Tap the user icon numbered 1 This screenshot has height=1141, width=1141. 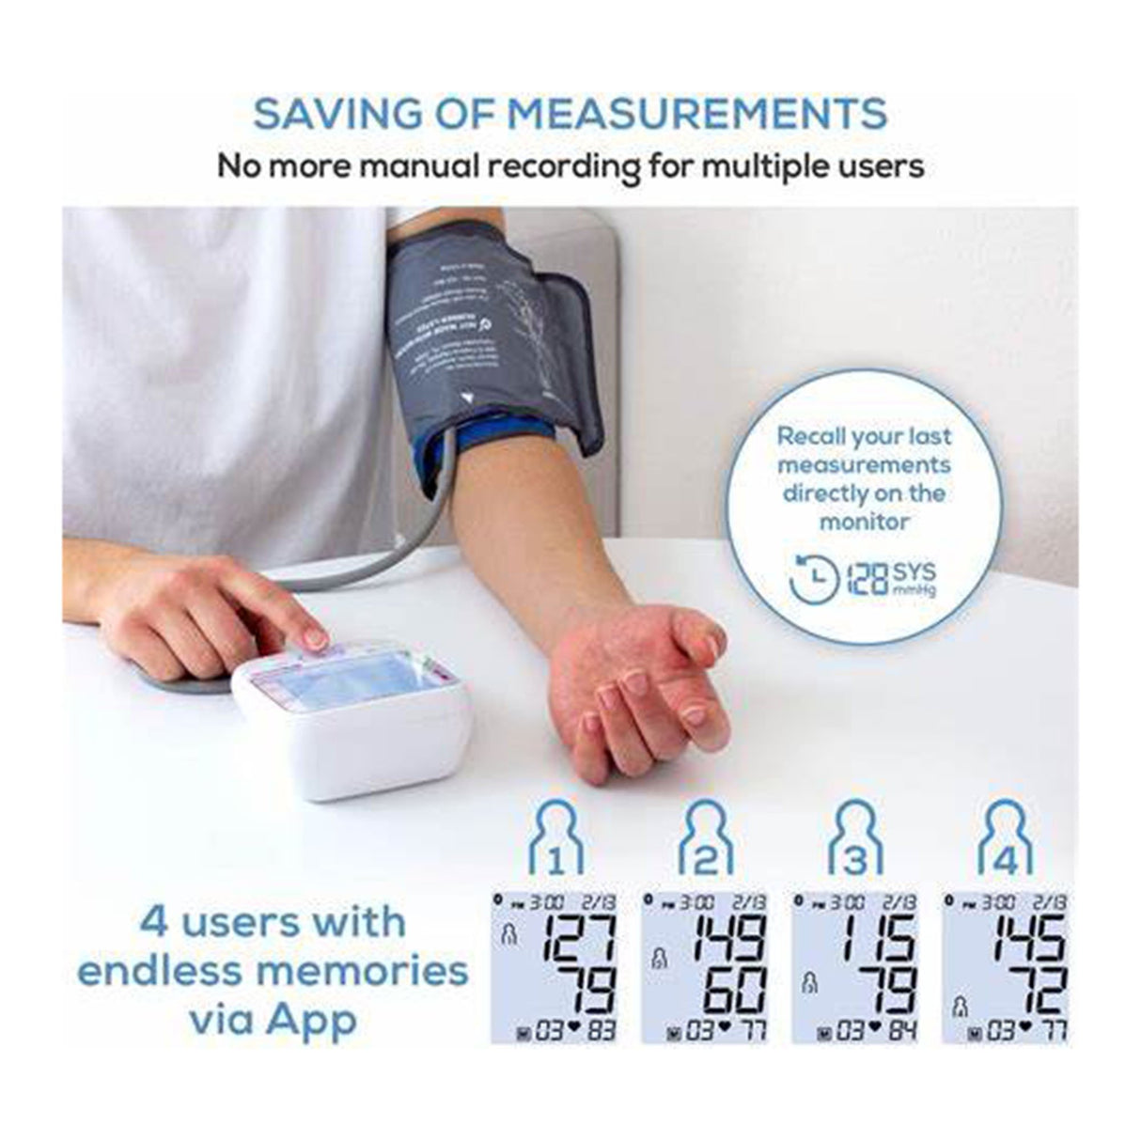point(556,837)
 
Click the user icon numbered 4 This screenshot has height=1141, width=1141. point(1005,837)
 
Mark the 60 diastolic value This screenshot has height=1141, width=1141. point(734,990)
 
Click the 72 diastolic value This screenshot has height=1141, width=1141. point(1034,990)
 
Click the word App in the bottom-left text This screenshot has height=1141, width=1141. point(311,1019)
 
